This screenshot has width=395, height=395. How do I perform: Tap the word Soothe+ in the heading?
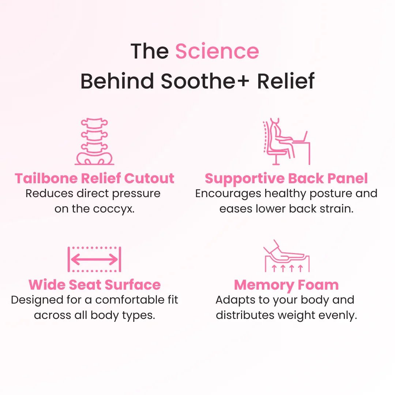[204, 81]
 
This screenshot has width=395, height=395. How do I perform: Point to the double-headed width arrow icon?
[94, 260]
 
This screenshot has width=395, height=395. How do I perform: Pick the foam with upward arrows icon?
[287, 259]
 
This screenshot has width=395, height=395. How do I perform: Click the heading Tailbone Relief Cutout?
[94, 178]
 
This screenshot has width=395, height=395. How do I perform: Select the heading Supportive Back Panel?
[286, 178]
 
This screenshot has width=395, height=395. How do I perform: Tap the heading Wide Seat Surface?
[94, 285]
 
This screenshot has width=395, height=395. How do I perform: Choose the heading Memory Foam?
[286, 285]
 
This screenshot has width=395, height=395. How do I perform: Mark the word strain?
[337, 209]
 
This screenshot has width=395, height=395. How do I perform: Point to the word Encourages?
[228, 193]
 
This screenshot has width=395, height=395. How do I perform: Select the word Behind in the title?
[117, 81]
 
